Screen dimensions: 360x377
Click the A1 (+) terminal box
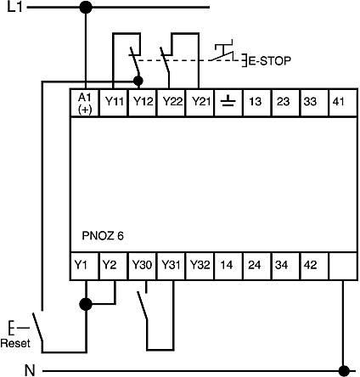tap(84, 103)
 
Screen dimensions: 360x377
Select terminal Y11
tap(114, 103)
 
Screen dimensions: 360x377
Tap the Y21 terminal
tap(200, 103)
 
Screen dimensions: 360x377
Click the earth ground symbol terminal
tap(228, 103)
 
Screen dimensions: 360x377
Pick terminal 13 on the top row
tap(257, 103)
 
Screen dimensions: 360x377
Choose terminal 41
tap(343, 103)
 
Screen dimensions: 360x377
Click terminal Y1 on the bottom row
tap(84, 266)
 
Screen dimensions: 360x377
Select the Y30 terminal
tap(143, 266)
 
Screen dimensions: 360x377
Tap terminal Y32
tap(200, 266)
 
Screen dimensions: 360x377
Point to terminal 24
tap(257, 266)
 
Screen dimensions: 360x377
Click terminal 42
tap(314, 266)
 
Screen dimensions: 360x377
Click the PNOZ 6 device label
tap(103, 236)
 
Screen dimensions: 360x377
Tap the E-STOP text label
tap(269, 61)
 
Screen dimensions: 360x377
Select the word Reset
tap(15, 343)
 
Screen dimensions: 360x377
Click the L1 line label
tap(14, 7)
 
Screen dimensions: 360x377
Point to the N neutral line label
tap(30, 370)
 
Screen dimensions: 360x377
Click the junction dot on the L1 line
tap(86, 7)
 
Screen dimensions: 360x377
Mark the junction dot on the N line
tap(344, 370)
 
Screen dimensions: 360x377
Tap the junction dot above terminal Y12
tap(138, 82)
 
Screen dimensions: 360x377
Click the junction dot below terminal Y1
tap(86, 305)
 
